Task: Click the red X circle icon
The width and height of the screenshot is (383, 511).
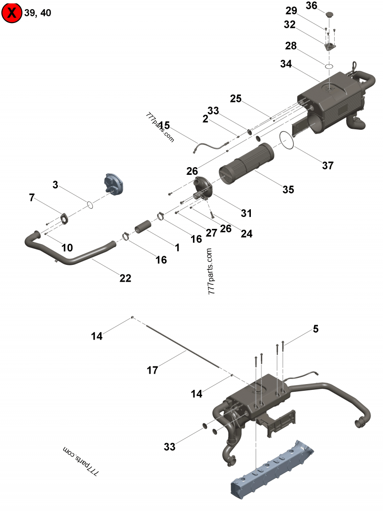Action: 12,13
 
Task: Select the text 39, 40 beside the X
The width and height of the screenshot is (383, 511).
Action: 37,13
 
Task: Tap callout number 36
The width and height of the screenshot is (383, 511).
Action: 325,5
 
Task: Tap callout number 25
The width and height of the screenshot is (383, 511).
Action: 236,99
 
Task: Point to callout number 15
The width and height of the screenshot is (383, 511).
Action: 164,125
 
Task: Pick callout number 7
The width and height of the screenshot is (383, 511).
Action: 32,197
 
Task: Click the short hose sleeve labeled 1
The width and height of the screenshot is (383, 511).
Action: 142,227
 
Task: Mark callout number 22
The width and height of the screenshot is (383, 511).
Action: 125,278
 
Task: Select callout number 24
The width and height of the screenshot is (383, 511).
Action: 247,234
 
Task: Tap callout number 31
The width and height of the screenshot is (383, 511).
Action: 247,213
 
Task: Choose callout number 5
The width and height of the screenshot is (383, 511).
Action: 316,329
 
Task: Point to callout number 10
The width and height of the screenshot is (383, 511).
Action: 67,248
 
